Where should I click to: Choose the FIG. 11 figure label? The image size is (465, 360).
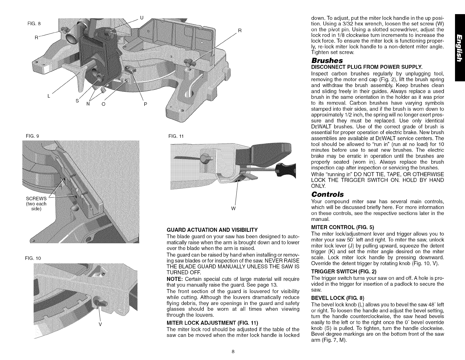click(x=175, y=136)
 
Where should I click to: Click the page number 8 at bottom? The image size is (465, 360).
click(x=232, y=351)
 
